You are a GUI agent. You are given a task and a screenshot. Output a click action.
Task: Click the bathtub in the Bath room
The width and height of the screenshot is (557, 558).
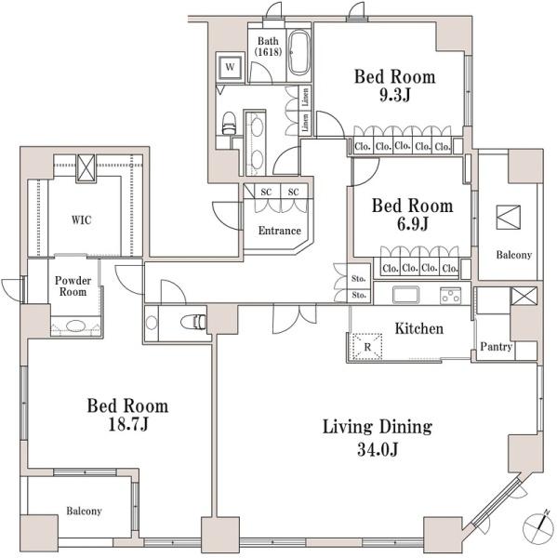click(x=298, y=52)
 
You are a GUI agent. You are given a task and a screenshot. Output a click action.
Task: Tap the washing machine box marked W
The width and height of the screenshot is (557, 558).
click(x=231, y=67)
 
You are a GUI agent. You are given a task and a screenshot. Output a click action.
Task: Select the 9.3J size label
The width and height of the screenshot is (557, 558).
click(x=394, y=95)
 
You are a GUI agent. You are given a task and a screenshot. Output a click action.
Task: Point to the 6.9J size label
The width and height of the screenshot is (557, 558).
click(x=412, y=224)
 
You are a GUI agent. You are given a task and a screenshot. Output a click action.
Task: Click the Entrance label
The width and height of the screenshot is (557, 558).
click(x=279, y=231)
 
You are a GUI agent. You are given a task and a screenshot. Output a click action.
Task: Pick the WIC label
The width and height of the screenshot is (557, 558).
click(x=82, y=219)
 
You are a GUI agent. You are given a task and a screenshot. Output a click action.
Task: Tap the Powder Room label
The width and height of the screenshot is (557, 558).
click(x=73, y=286)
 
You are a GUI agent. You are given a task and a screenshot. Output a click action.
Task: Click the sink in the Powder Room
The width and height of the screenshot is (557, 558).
click(x=75, y=325)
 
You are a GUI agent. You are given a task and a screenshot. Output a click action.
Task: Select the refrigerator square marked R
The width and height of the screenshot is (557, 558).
click(x=367, y=346)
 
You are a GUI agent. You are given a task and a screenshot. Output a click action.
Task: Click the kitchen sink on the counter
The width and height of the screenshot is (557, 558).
click(x=405, y=295)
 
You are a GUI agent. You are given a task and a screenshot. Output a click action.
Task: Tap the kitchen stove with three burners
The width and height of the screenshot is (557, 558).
click(x=450, y=296)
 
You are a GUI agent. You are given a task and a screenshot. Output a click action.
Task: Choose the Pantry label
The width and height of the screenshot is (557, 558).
click(x=497, y=347)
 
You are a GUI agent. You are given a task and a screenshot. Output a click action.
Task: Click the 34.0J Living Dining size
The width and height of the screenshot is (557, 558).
click(x=378, y=449)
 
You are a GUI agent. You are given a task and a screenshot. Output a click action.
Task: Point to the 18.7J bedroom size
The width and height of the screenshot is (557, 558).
click(x=127, y=424)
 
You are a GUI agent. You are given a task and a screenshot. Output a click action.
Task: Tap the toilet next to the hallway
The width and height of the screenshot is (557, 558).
click(x=193, y=322)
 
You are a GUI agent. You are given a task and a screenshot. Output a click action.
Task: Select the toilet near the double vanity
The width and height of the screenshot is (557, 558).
click(x=229, y=124)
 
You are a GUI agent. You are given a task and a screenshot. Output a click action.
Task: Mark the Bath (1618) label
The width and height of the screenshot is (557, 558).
click(x=268, y=46)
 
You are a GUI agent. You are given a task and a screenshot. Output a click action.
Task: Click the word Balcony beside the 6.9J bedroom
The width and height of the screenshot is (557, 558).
click(x=514, y=255)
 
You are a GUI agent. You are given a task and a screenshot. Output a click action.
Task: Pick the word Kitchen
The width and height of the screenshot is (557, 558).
click(x=419, y=329)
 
